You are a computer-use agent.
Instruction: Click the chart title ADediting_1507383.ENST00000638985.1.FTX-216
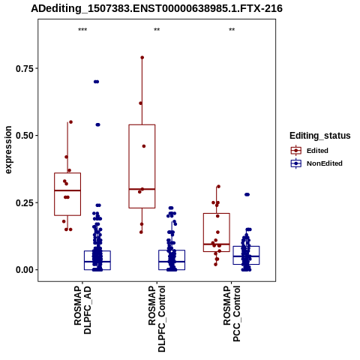[x=157, y=8]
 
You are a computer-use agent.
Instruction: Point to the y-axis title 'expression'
[x=8, y=150]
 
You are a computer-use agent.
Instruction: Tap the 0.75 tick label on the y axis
[x=25, y=68]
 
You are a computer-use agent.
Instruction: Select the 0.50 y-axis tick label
[x=25, y=136]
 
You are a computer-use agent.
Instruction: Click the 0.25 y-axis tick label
[x=25, y=202]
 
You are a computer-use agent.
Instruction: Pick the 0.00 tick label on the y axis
[x=25, y=270]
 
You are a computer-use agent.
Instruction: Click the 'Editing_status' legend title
[x=320, y=136]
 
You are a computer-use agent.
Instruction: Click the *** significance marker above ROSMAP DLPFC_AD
[x=82, y=30]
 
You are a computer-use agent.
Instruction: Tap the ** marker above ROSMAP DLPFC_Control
[x=157, y=30]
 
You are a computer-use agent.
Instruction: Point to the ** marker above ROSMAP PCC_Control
[x=232, y=30]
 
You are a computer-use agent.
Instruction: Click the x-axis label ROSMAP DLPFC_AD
[x=82, y=310]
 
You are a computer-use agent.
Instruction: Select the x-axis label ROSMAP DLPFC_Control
[x=157, y=319]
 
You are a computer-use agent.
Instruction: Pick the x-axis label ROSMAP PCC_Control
[x=232, y=313]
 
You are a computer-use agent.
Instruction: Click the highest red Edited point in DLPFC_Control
[x=142, y=58]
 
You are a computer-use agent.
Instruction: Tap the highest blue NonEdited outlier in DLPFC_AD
[x=96, y=82]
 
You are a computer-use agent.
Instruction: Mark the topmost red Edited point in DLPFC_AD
[x=70, y=122]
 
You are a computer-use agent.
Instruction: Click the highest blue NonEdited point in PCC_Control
[x=247, y=194]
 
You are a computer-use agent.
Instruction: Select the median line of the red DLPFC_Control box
[x=142, y=189]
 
